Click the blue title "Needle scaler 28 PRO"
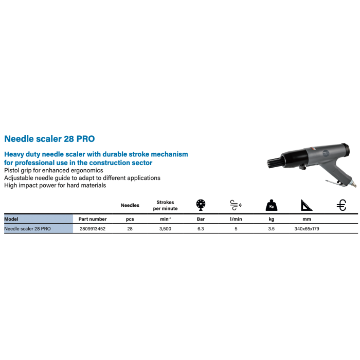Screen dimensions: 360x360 click(x=49, y=139)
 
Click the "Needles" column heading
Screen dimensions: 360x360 click(x=130, y=205)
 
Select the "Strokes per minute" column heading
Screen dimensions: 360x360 click(x=166, y=205)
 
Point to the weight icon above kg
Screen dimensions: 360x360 click(x=271, y=205)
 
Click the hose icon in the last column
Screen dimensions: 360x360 click(x=341, y=205)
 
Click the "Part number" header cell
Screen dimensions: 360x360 click(x=93, y=219)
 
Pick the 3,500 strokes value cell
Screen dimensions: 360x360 click(x=166, y=228)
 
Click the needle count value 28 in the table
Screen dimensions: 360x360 click(x=130, y=228)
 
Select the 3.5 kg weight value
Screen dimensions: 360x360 click(x=271, y=228)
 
